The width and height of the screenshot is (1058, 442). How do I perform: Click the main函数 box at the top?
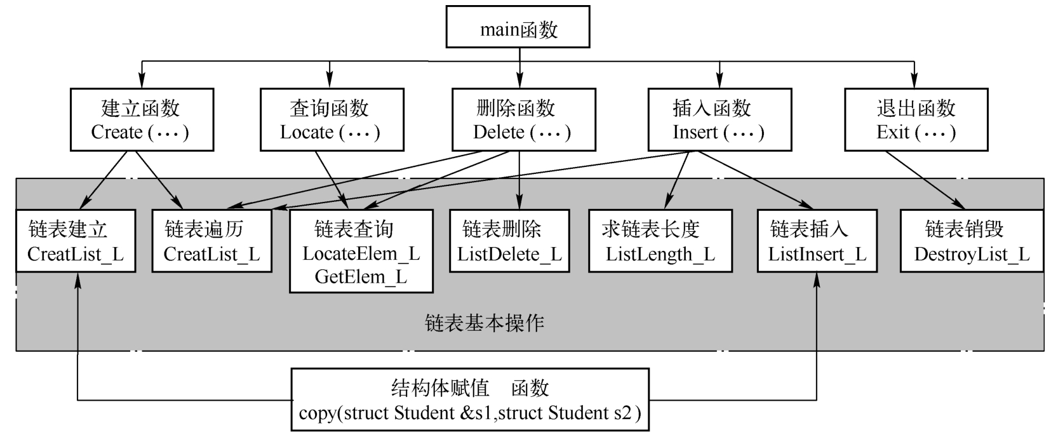[518, 27]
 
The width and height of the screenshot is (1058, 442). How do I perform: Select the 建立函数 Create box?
[141, 120]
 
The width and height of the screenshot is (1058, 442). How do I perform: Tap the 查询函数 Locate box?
[331, 120]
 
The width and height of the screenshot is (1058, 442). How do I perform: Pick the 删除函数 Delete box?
[523, 120]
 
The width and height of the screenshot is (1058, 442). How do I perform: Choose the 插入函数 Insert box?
[719, 120]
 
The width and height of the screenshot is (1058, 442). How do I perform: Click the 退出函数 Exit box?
[916, 120]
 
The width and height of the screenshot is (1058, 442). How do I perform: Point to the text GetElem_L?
[361, 278]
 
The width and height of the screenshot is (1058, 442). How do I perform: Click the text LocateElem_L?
[361, 254]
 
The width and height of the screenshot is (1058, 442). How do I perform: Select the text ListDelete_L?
[509, 255]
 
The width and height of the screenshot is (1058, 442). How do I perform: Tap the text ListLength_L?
[660, 255]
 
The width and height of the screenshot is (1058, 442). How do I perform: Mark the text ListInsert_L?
[817, 255]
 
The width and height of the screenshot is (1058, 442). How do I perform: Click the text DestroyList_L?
[972, 255]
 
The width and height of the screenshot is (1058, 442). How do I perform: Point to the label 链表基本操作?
[484, 323]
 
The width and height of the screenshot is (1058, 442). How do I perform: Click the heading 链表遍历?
[203, 229]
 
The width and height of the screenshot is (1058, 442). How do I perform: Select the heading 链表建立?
[68, 229]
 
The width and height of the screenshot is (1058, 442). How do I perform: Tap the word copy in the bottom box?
[318, 413]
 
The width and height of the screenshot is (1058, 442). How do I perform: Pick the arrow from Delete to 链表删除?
[519, 180]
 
